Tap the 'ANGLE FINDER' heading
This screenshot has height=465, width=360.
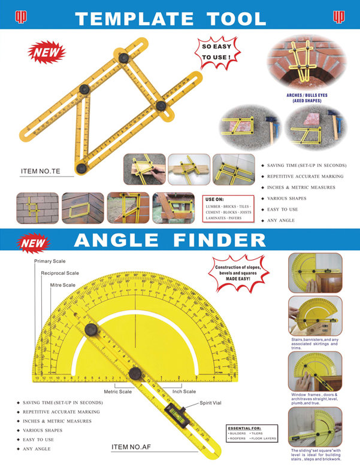[170, 241]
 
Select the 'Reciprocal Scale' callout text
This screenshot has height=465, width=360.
[59, 273]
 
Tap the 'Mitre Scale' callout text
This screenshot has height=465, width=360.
[62, 285]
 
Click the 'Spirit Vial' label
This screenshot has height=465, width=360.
[210, 403]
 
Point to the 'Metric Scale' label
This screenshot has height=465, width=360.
[117, 391]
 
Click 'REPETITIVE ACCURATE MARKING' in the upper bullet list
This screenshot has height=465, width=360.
[305, 177]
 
